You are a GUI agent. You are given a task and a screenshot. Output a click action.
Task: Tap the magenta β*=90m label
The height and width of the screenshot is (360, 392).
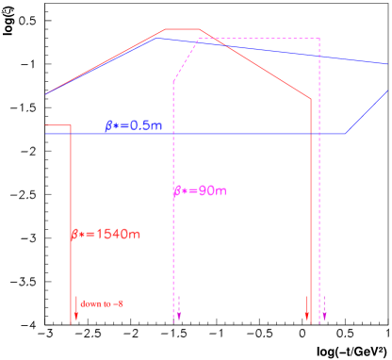click(x=200, y=191)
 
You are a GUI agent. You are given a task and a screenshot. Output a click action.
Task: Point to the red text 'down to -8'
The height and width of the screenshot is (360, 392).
click(x=102, y=303)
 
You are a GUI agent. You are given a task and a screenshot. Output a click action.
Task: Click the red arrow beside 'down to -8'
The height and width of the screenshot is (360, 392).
click(x=75, y=306)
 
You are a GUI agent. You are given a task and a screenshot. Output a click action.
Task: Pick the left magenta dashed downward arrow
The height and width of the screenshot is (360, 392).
click(x=179, y=306)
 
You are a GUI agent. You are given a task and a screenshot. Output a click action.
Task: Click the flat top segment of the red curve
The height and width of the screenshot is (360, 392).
click(x=183, y=29)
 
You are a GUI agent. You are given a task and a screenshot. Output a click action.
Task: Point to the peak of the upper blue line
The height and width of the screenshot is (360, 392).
click(x=160, y=39)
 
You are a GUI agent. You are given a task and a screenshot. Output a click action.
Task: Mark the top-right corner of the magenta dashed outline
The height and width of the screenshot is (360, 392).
click(x=319, y=39)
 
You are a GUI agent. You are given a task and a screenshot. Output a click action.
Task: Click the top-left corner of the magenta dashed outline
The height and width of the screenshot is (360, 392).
click(x=198, y=39)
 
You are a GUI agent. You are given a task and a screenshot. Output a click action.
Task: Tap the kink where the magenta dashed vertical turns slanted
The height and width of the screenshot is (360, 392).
click(x=173, y=82)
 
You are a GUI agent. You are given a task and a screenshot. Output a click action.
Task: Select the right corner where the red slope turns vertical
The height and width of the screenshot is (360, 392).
click(x=311, y=99)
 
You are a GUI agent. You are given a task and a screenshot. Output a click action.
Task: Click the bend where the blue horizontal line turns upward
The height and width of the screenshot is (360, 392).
click(x=345, y=134)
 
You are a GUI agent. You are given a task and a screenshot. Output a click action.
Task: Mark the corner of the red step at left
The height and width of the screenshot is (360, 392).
click(x=71, y=124)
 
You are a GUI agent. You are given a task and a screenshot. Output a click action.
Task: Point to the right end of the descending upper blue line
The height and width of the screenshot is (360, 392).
click(x=388, y=63)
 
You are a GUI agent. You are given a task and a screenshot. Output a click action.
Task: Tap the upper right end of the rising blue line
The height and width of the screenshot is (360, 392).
click(x=388, y=91)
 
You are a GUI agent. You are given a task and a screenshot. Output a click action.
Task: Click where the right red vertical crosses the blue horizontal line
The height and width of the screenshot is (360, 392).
click(x=311, y=134)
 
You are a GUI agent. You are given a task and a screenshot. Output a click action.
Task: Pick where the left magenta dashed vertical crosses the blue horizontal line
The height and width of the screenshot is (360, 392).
click(x=173, y=134)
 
